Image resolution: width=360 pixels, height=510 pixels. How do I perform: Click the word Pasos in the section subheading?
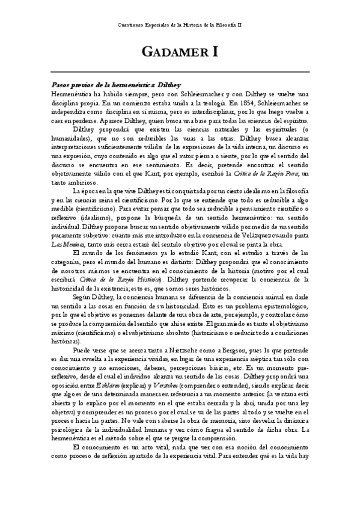click(x=63, y=85)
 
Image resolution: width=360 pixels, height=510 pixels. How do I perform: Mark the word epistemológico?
click(x=275, y=306)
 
